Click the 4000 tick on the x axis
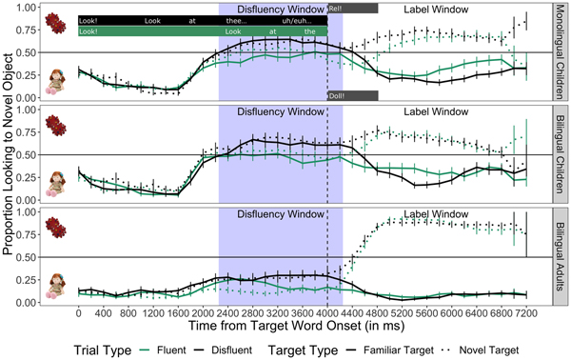tap(327, 311)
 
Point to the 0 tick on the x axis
tap(78, 311)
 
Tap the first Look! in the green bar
tap(89, 31)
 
